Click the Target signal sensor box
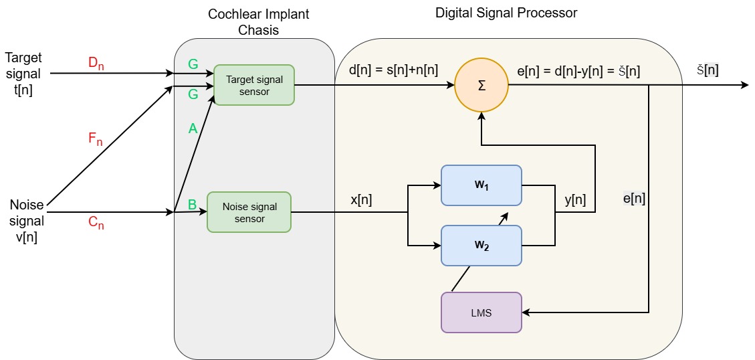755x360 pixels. point(254,85)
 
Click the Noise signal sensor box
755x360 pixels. point(249,212)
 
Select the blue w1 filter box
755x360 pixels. point(481,185)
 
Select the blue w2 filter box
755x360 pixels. point(481,245)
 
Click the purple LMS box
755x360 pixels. point(481,312)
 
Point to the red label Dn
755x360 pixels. point(97,64)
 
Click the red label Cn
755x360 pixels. point(97,225)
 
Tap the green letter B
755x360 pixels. point(193,204)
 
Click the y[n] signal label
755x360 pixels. point(574,200)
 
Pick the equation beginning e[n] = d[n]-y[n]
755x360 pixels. point(578,70)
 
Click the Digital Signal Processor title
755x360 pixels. point(506,13)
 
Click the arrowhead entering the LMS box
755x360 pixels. point(526,312)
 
